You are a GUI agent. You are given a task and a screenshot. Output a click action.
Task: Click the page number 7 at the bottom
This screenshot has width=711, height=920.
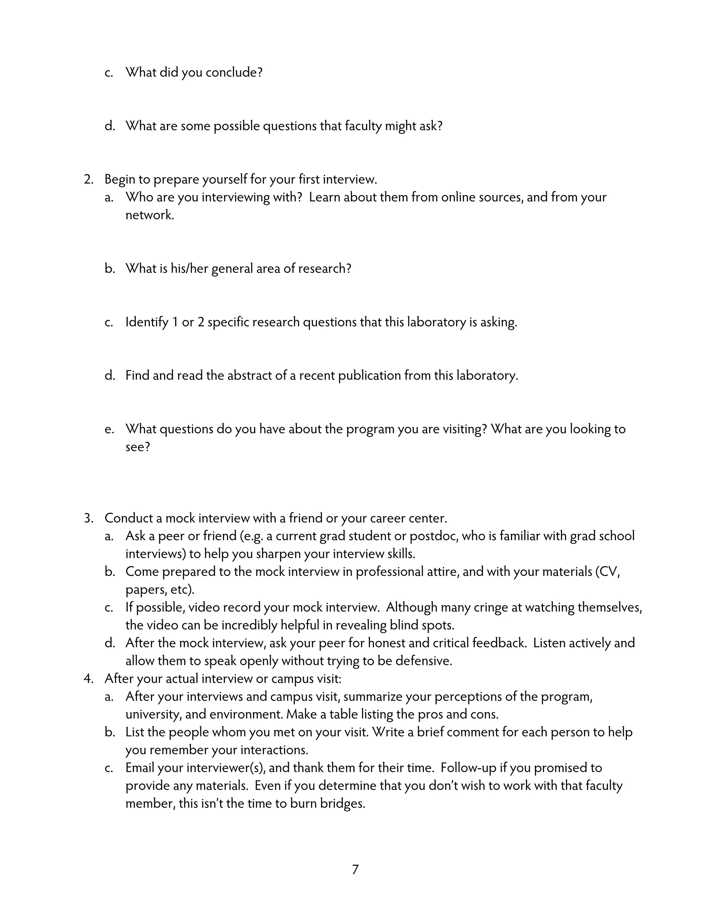click(x=355, y=869)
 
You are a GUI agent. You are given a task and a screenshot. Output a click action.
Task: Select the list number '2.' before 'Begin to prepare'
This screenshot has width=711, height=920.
click(x=89, y=179)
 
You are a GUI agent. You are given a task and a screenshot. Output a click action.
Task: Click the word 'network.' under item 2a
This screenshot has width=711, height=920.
click(x=150, y=215)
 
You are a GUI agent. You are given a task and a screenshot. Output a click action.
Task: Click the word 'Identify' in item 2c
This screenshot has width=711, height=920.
click(x=147, y=322)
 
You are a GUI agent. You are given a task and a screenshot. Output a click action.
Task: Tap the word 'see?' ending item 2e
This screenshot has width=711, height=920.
click(x=137, y=447)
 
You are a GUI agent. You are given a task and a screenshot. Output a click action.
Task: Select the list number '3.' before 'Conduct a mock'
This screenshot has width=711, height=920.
click(x=89, y=518)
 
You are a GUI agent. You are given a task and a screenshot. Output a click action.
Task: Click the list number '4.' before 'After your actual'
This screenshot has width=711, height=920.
click(x=89, y=679)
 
